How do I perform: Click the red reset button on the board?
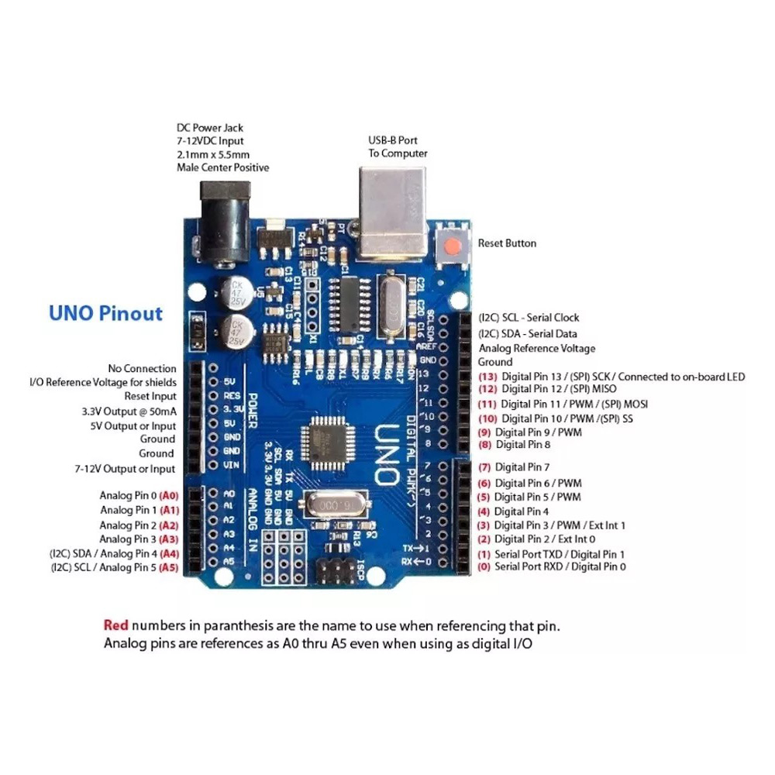point(453,246)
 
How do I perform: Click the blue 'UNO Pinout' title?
point(105,314)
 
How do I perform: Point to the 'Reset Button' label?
point(507,243)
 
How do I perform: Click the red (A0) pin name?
point(169,495)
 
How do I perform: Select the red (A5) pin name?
point(169,567)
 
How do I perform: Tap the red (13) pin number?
point(487,377)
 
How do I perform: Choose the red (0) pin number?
point(484,567)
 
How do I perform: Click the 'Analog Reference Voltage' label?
point(537,349)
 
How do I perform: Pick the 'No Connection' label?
point(142,369)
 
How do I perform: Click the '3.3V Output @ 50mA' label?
point(129,411)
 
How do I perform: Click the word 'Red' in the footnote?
point(115,625)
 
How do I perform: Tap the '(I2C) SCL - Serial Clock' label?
point(529,318)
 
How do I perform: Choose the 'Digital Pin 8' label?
point(522,445)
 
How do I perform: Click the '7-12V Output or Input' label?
point(125,469)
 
